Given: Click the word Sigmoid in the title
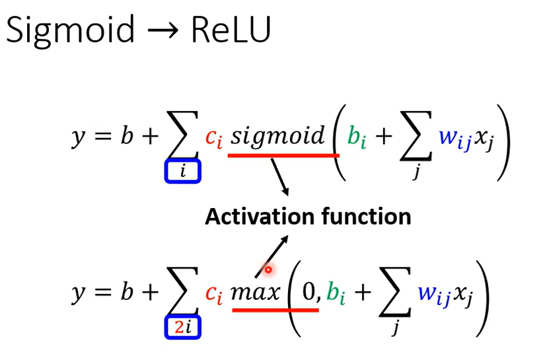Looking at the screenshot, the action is (70, 30).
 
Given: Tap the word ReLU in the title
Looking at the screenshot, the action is (231, 30).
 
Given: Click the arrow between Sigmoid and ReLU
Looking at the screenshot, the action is (163, 30).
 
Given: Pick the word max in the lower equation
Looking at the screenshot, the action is (255, 292).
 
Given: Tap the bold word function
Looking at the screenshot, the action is (367, 217).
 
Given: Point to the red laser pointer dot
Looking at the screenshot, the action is (268, 270).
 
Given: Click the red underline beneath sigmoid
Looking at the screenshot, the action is (283, 155).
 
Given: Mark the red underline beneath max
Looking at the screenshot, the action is (275, 310).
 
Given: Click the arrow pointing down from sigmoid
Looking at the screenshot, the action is (280, 176).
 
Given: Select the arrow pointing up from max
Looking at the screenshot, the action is (272, 256).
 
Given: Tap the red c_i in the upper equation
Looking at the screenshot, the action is (213, 137).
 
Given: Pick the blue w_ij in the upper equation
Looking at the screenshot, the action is (455, 138).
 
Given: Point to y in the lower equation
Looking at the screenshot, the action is (78, 294).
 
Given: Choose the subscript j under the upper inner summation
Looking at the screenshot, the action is (416, 170).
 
